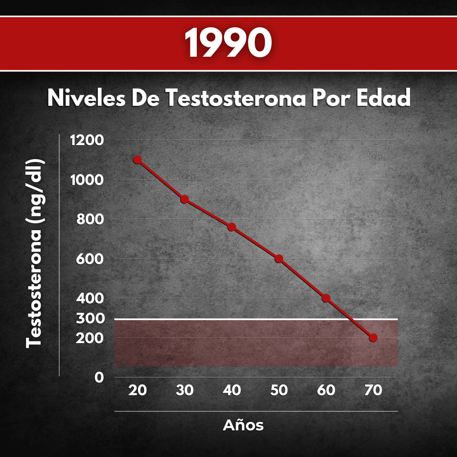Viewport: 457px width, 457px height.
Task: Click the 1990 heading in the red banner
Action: click(x=228, y=42)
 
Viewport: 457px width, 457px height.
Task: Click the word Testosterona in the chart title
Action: click(x=236, y=98)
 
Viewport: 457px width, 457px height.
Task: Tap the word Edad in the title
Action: click(x=383, y=98)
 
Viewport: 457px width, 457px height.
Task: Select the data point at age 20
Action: click(x=137, y=160)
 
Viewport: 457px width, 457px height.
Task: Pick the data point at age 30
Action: click(x=184, y=199)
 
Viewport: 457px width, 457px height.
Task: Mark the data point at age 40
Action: click(x=232, y=227)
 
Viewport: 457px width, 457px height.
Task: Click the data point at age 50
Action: click(x=279, y=259)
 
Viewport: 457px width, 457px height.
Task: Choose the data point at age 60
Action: click(x=326, y=298)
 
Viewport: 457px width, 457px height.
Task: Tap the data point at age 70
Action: click(x=373, y=338)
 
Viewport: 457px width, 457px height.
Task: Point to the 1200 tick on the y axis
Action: click(x=87, y=140)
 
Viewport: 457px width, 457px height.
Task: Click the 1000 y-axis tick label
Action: click(x=87, y=180)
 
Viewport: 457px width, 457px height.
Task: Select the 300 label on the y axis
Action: click(x=90, y=318)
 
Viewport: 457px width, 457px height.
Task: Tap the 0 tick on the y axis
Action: click(x=99, y=378)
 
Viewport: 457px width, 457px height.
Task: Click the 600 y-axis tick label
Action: click(x=90, y=259)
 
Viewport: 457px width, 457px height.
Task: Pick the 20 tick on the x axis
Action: click(x=137, y=390)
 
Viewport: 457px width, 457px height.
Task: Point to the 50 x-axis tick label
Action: click(x=279, y=390)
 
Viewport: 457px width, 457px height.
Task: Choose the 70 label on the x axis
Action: click(x=373, y=390)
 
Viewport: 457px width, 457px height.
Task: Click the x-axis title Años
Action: click(x=243, y=425)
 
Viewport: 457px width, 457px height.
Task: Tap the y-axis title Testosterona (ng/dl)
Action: click(x=34, y=253)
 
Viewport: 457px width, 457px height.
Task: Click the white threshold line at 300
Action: click(x=256, y=319)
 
